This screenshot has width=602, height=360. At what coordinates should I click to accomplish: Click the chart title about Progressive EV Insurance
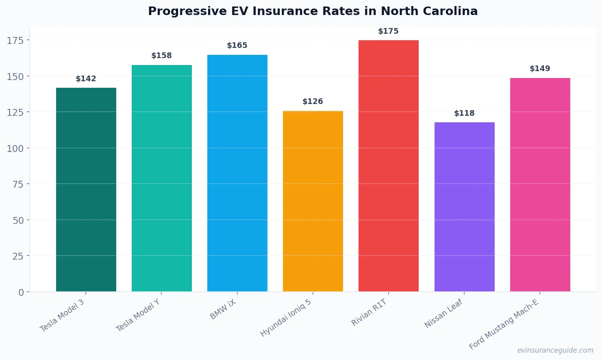point(313,11)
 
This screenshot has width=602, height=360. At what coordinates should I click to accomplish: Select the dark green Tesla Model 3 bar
point(86,189)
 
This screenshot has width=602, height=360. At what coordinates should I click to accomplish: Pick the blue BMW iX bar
point(237,173)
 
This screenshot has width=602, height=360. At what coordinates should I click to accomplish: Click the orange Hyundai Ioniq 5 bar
point(313,201)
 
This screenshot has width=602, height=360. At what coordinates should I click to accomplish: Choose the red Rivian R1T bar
point(389,166)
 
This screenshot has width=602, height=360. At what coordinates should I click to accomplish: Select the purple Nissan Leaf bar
point(464,207)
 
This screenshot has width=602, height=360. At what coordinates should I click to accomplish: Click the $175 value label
point(388,31)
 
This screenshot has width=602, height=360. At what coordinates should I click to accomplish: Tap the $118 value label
point(464,113)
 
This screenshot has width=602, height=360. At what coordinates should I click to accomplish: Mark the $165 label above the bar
point(237,46)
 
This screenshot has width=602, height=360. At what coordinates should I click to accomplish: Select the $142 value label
point(86,79)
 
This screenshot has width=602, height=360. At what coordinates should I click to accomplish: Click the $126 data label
point(313,102)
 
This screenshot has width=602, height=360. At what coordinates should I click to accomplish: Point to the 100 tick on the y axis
point(15,148)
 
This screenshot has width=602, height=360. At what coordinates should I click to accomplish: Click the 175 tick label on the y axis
point(15,40)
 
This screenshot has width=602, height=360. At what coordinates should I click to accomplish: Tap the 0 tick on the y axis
point(21,292)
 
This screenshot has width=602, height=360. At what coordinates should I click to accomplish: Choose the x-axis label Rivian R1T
point(369,312)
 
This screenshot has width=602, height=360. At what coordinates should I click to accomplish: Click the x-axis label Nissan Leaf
point(443,313)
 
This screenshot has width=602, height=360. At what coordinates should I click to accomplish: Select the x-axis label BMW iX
point(223,310)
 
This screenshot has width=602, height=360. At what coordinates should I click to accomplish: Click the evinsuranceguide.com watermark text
point(555,350)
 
